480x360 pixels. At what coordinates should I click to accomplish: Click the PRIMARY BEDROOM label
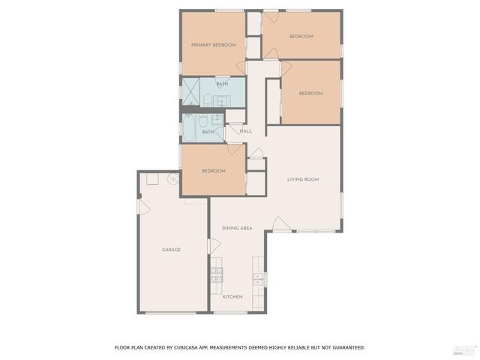214,45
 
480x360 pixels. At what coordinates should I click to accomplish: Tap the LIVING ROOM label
303,179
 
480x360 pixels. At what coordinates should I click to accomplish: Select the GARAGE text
172,250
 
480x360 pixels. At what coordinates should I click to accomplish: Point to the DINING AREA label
236,227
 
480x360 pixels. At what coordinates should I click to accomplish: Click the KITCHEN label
232,297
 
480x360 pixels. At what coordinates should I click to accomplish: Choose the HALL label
246,131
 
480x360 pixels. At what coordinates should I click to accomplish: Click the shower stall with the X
190,91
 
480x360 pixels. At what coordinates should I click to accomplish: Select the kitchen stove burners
216,275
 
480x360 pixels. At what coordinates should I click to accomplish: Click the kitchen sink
257,279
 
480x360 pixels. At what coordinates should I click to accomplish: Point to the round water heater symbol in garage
173,179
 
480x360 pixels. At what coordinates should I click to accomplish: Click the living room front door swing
280,224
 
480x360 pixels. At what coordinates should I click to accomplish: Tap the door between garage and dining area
214,246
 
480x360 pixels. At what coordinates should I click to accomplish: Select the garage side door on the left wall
143,206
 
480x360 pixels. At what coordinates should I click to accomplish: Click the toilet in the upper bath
208,99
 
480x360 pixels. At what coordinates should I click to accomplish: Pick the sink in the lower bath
217,120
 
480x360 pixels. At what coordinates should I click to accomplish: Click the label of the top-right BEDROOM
301,36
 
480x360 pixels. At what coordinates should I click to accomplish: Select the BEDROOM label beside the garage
213,171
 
